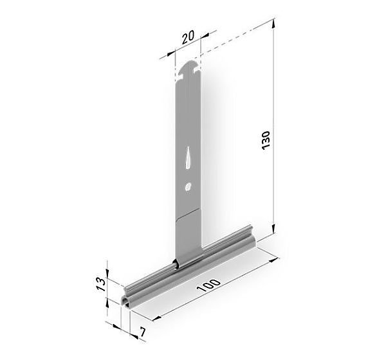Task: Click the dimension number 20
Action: click(x=188, y=37)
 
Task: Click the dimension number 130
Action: click(x=266, y=140)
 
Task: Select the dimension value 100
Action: click(x=208, y=285)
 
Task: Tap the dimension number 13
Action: click(x=102, y=284)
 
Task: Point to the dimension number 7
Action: click(x=143, y=332)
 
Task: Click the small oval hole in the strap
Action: click(x=188, y=187)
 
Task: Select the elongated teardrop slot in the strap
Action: click(x=188, y=157)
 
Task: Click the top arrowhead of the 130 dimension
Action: click(x=273, y=24)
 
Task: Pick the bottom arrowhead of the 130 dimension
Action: click(x=273, y=229)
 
